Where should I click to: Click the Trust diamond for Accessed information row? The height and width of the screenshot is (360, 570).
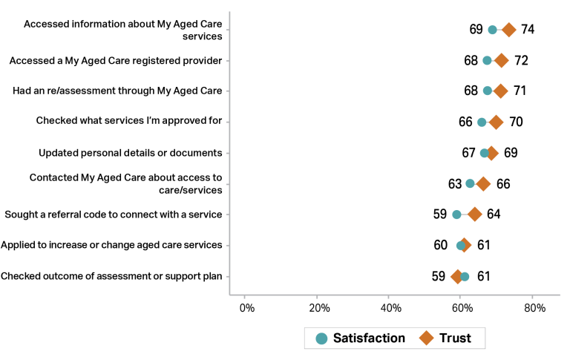click(x=508, y=30)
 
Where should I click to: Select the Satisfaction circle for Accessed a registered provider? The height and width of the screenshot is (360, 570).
click(x=487, y=60)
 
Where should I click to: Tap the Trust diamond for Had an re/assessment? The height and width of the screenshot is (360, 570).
click(x=501, y=91)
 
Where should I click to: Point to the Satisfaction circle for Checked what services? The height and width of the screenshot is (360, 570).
click(x=482, y=122)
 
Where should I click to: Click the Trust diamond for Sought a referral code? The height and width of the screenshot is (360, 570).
click(x=475, y=215)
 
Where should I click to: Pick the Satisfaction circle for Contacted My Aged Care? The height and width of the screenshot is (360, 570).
click(x=470, y=183)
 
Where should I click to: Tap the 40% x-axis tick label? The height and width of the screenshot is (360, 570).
click(x=390, y=307)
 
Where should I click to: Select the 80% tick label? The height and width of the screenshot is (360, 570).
click(x=533, y=307)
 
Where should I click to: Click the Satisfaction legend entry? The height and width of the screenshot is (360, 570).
click(x=361, y=338)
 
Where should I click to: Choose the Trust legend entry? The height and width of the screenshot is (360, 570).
click(x=445, y=338)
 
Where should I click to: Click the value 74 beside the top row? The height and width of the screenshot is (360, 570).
click(x=528, y=30)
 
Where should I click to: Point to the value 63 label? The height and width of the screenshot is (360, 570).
click(x=454, y=183)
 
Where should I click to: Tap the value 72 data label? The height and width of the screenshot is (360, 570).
click(x=521, y=60)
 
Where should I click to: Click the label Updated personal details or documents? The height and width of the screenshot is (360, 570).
click(x=131, y=153)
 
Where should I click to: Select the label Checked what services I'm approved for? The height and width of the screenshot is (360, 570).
click(x=129, y=122)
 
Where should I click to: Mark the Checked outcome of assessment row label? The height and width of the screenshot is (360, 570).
click(x=111, y=276)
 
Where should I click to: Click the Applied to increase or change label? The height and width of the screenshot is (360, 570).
click(x=111, y=245)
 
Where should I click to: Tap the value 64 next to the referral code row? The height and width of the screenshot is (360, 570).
click(x=494, y=215)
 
